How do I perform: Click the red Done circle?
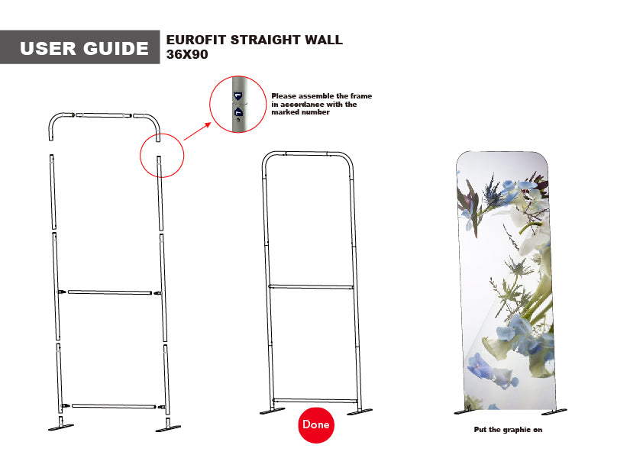pos(315,424)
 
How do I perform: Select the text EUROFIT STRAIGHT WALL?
pos(254,40)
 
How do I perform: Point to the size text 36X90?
pos(187,55)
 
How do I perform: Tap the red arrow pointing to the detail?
pos(197,129)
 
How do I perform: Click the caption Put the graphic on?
pos(508,431)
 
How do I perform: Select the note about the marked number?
pos(321,104)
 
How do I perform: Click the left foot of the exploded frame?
pos(60,426)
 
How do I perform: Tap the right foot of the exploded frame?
pos(167,426)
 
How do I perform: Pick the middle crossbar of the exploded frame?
pos(111,292)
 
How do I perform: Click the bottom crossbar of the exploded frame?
pos(113,406)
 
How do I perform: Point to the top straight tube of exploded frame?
pos(104,115)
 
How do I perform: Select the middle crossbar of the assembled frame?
pos(311,287)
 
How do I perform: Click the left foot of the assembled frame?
pos(272,412)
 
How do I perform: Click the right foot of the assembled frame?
pos(360,412)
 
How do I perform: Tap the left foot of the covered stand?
pos(466,412)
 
